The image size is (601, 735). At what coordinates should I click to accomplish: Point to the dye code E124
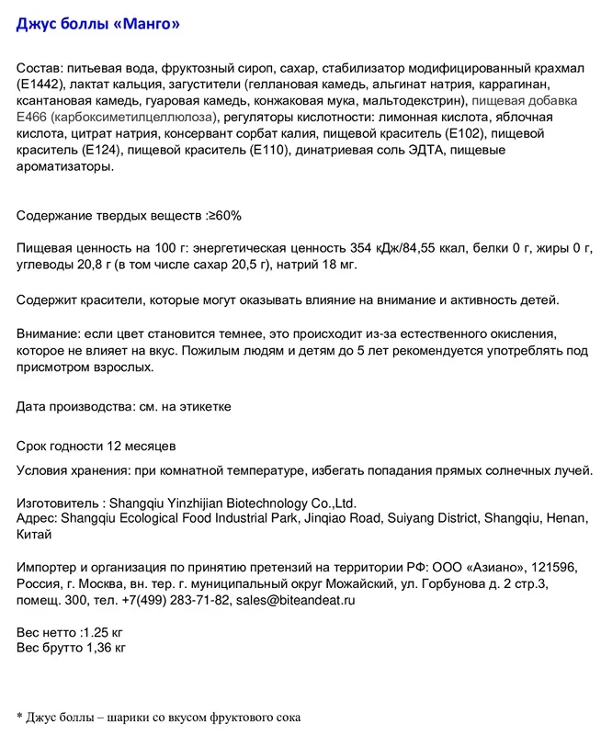coord(105,151)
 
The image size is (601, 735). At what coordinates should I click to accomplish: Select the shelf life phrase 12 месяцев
coord(141,447)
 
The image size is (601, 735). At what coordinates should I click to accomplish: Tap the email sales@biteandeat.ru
coord(295,600)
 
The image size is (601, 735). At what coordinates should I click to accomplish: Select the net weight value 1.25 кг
coord(103,633)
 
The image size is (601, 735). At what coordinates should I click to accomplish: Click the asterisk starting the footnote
coord(19,716)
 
